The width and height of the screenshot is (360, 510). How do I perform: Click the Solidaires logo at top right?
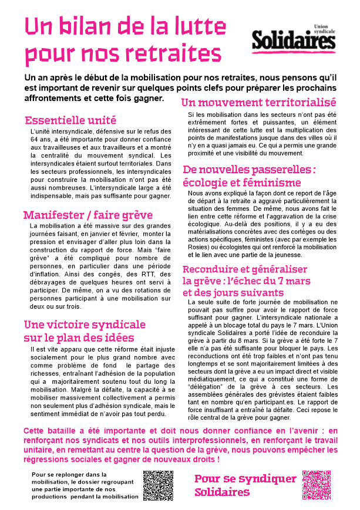coord(294,40)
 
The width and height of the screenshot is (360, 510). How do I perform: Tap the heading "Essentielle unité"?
coord(70,120)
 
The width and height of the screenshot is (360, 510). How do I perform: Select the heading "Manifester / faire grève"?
coord(88,215)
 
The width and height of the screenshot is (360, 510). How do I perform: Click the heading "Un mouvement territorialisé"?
coord(258,102)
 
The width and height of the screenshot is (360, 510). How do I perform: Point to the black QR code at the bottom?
coord(158,485)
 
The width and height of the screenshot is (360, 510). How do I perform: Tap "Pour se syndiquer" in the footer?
coord(245,478)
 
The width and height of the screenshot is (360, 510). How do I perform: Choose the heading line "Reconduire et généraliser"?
coord(245,269)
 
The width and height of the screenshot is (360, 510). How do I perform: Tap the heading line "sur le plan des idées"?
coord(79,337)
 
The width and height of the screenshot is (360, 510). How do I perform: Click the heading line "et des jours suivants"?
coord(233,292)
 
